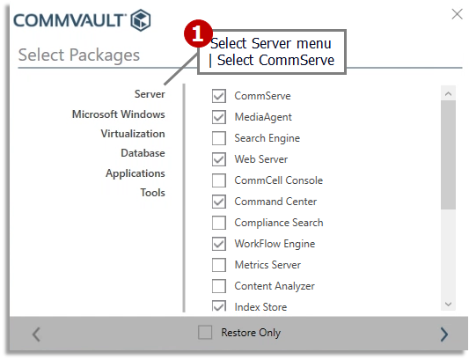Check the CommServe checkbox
219,96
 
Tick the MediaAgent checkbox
219,117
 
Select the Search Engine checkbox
219,138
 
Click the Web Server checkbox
219,159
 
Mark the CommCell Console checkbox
219,180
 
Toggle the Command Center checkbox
219,202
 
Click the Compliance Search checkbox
219,223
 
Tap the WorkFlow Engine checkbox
219,244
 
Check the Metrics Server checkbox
219,265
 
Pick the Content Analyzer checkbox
219,286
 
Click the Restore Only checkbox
205,333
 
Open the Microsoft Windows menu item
118,114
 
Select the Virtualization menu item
132,134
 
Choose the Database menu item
143,153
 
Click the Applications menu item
135,173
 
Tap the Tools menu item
152,193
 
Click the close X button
456,14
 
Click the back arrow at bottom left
36,334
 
